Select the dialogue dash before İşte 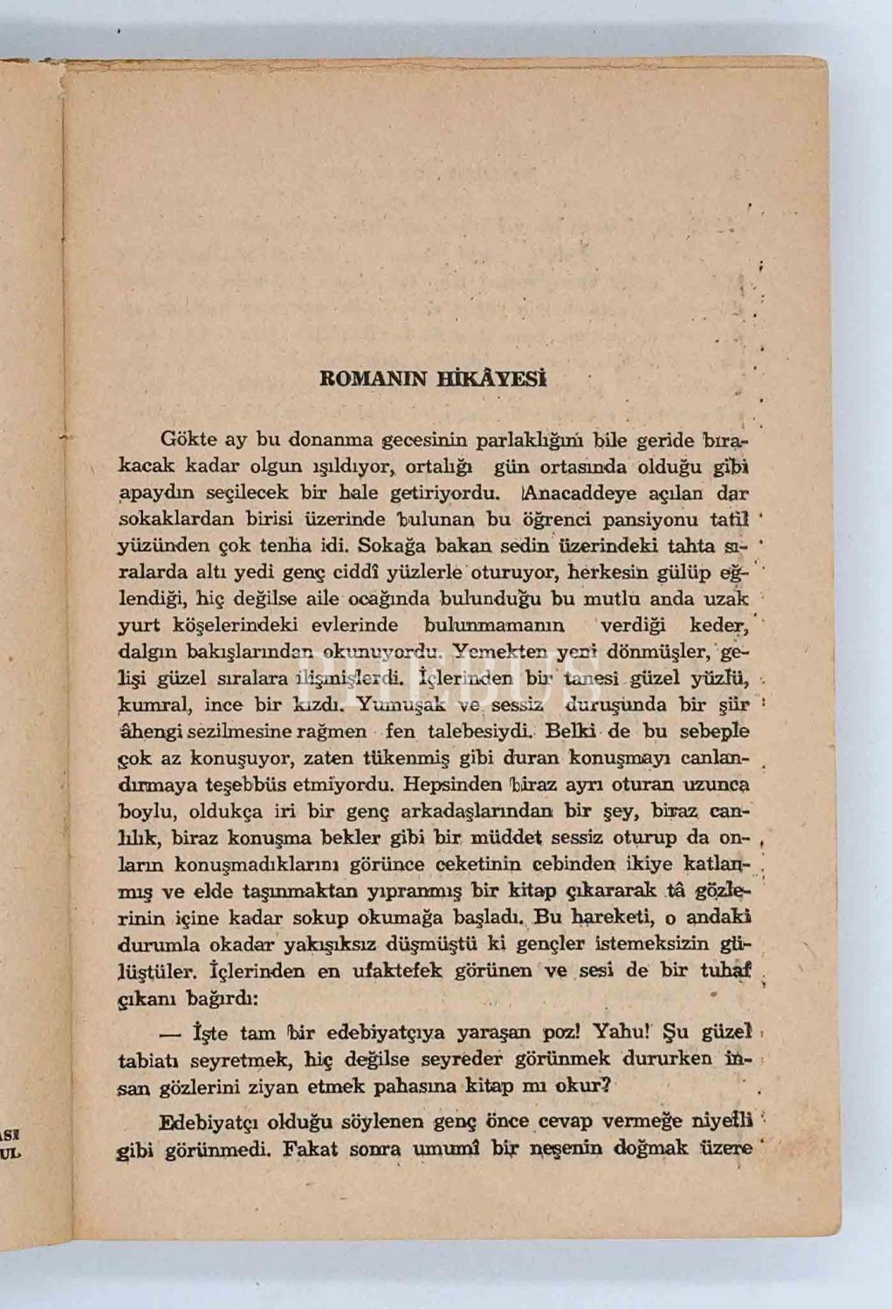point(171,1033)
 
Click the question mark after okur point(610,1087)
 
